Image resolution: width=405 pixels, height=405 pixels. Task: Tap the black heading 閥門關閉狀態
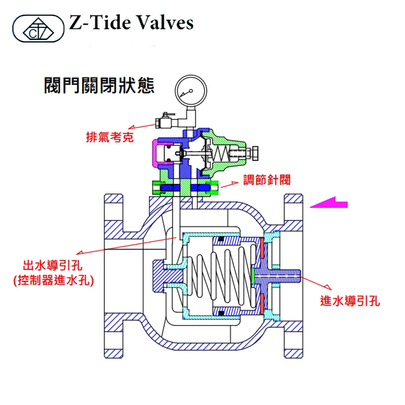(x=100, y=85)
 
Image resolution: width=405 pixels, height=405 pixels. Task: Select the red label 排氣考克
(x=109, y=137)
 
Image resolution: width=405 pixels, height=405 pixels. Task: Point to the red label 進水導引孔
(x=350, y=301)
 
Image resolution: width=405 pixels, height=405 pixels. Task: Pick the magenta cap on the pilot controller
(x=159, y=153)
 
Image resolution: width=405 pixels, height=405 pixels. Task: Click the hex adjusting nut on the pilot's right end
(x=255, y=151)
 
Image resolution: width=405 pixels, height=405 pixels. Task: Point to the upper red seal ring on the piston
(x=262, y=248)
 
